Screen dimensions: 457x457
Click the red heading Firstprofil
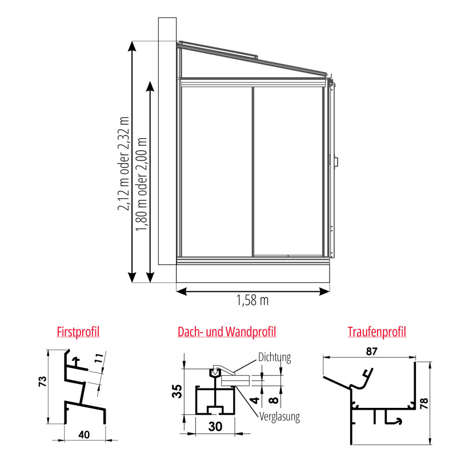click(x=78, y=332)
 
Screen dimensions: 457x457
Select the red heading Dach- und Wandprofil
click(x=227, y=332)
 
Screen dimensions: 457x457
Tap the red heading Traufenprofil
click(x=376, y=332)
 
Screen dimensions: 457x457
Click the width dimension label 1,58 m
click(x=252, y=300)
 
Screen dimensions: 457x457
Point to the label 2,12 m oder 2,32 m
click(x=123, y=163)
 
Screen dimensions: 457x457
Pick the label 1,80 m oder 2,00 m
click(x=142, y=184)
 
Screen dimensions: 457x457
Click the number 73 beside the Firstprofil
click(x=42, y=382)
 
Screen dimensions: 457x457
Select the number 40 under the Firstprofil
click(x=84, y=435)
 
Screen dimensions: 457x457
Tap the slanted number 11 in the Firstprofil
click(x=99, y=358)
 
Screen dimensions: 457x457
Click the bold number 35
click(x=177, y=391)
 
